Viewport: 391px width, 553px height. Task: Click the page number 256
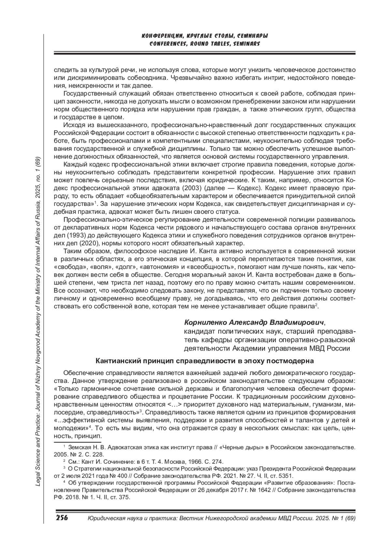[62, 518]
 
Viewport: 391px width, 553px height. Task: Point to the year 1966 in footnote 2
[189, 461]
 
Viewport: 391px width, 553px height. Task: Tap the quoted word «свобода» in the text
[65, 267]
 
